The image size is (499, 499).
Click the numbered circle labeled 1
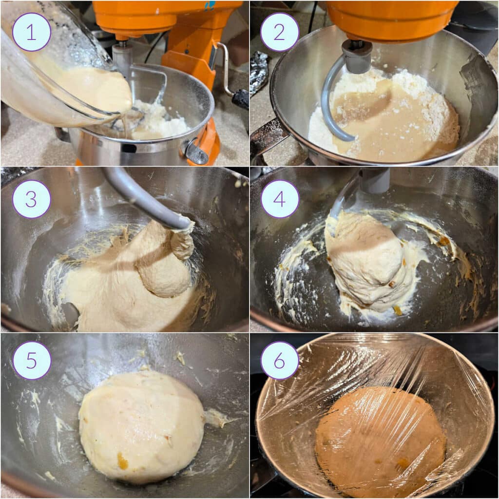tap(32, 32)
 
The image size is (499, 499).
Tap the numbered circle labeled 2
tap(280, 32)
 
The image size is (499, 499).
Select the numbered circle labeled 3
tap(32, 199)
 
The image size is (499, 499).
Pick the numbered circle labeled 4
tap(280, 199)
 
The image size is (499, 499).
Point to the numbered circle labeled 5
tap(32, 361)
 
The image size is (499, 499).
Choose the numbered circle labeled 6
tap(280, 361)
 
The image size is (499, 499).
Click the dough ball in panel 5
tap(141, 424)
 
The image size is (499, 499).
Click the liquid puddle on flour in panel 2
tap(385, 117)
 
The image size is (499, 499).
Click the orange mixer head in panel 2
tap(390, 19)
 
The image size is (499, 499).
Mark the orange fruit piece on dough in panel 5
tap(122, 461)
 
